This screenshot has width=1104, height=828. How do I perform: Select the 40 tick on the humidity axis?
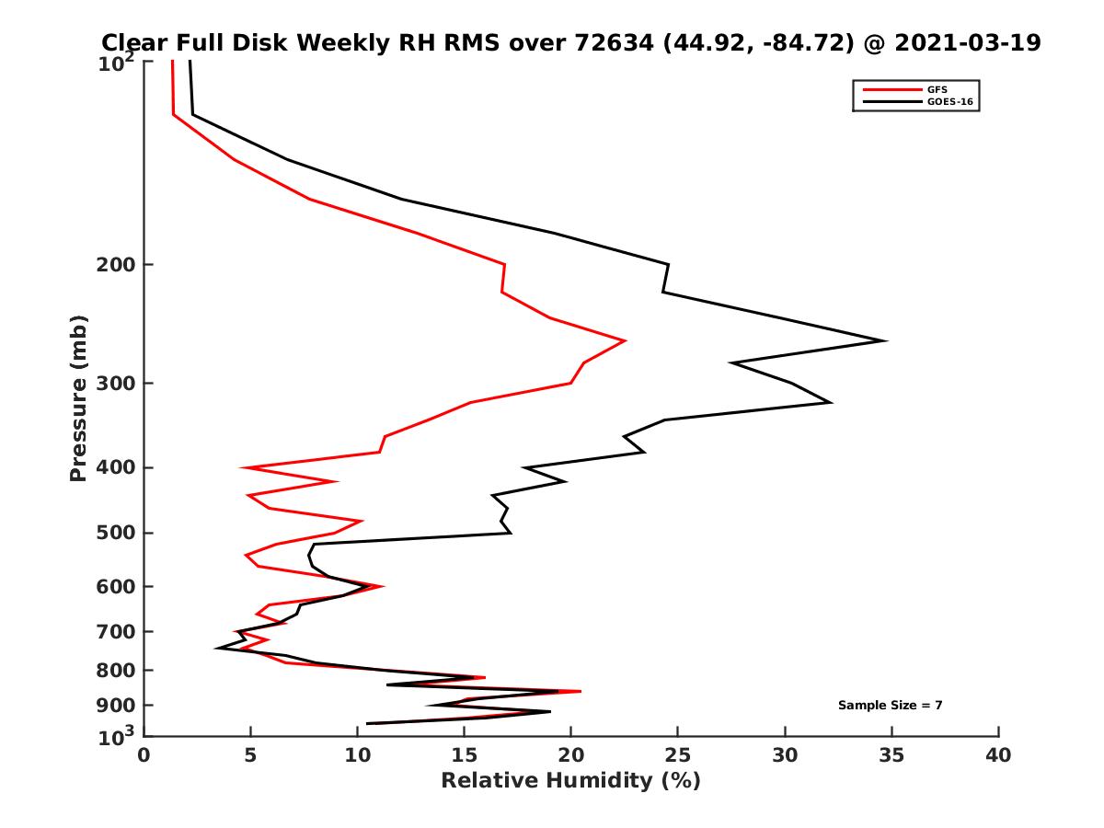pyautogui.click(x=998, y=755)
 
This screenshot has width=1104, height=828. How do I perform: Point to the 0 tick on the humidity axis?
pyautogui.click(x=144, y=755)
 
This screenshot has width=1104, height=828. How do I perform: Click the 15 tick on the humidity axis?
pyautogui.click(x=464, y=755)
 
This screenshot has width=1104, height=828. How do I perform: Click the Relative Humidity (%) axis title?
pyautogui.click(x=570, y=781)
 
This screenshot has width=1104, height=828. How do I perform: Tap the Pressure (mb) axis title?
pyautogui.click(x=78, y=397)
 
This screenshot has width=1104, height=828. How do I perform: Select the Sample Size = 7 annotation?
pyautogui.click(x=890, y=706)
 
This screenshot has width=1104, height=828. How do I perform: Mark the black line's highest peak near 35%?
pyautogui.click(x=885, y=341)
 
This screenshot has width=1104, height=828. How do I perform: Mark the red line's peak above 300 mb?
pyautogui.click(x=625, y=341)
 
